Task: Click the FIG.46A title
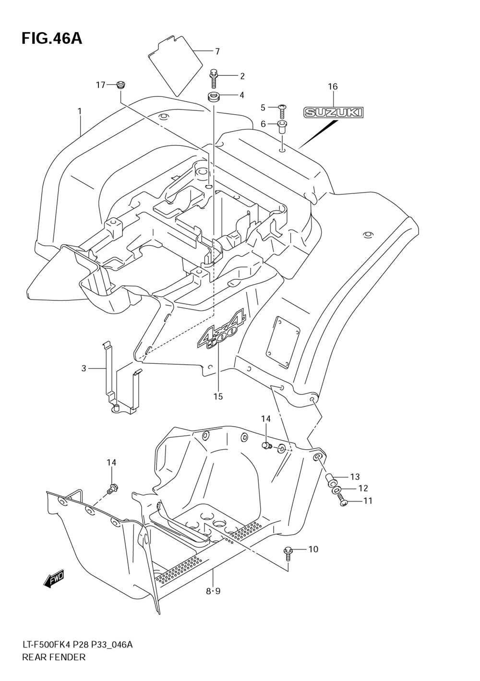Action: (52, 38)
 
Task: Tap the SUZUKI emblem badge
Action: (334, 113)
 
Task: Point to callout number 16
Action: (333, 87)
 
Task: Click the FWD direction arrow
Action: (53, 581)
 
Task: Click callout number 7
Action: (217, 51)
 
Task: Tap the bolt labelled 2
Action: (214, 77)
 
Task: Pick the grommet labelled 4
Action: (214, 96)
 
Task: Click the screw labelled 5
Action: (282, 110)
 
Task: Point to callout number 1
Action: (80, 111)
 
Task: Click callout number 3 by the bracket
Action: (84, 369)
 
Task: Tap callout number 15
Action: (218, 396)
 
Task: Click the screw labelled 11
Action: (344, 502)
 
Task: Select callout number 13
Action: (355, 477)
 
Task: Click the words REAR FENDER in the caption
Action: (54, 657)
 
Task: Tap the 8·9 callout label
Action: (213, 591)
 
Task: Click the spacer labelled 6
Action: (282, 127)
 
